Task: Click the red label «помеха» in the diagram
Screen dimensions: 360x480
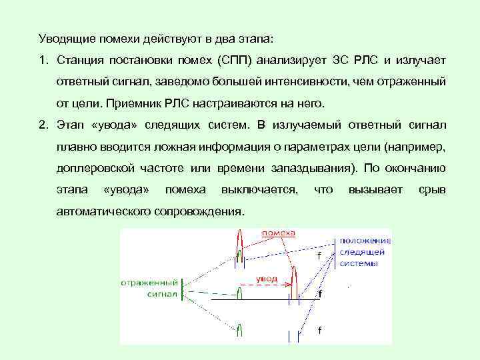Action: (279, 233)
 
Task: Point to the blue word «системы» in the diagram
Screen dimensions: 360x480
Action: (359, 263)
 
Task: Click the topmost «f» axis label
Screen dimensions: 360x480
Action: (319, 255)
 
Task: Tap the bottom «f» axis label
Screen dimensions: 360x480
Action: (319, 331)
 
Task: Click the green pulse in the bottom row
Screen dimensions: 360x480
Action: (239, 331)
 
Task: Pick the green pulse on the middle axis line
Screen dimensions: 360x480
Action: (239, 291)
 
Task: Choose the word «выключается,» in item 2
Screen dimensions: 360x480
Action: (259, 190)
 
